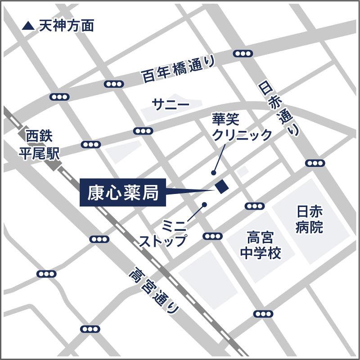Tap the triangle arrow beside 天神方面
click(x=28, y=26)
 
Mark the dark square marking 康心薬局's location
click(x=222, y=186)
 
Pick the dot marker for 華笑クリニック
click(x=213, y=172)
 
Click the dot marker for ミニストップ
click(x=205, y=204)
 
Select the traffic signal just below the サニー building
click(x=144, y=131)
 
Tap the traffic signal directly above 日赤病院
click(x=315, y=163)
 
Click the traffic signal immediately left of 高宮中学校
click(x=212, y=236)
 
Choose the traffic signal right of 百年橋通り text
click(x=243, y=54)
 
